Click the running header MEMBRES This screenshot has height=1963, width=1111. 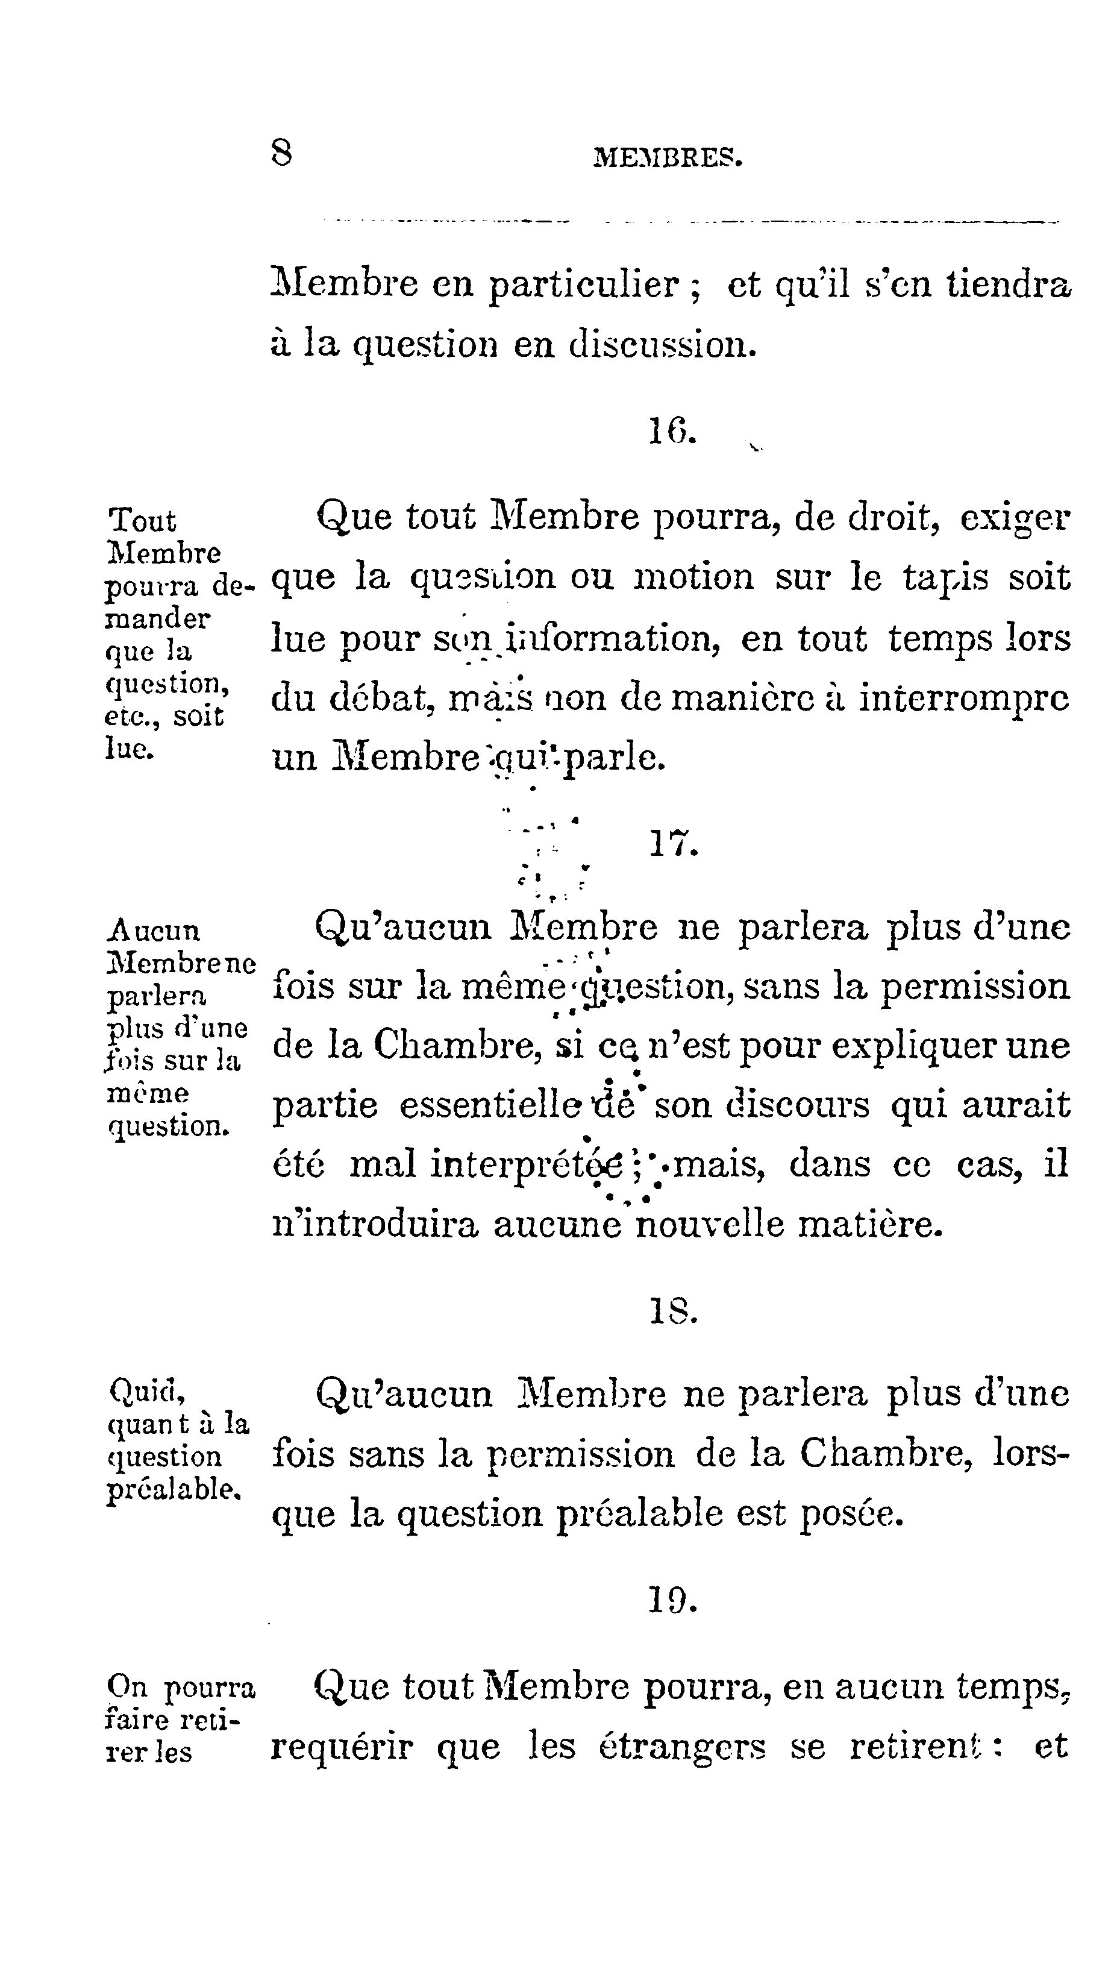pyautogui.click(x=668, y=158)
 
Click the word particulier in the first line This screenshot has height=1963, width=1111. pyautogui.click(x=584, y=286)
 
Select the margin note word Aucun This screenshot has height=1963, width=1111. pyautogui.click(x=154, y=931)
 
